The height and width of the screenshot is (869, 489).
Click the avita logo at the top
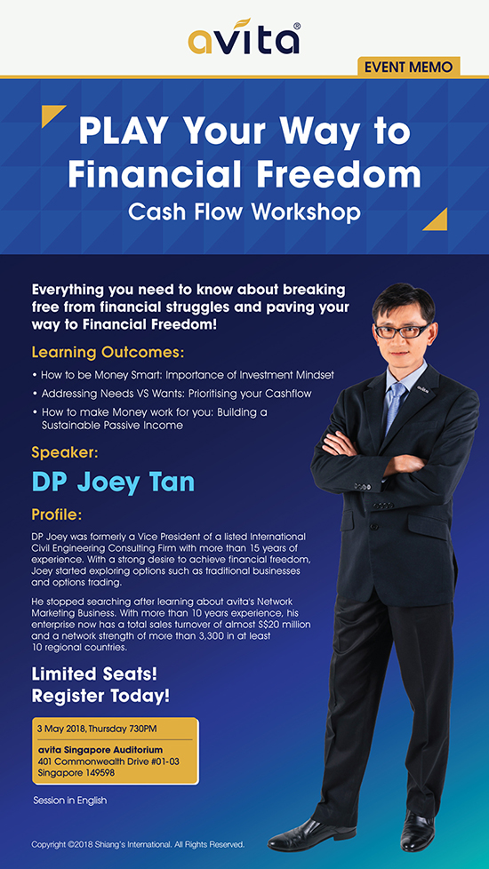[x=244, y=37]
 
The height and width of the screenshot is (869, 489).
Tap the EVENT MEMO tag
[x=409, y=67]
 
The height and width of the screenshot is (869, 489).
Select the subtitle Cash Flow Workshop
[x=244, y=212]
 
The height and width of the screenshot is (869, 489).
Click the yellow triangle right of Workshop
[x=437, y=220]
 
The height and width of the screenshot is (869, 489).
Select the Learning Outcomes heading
[x=108, y=353]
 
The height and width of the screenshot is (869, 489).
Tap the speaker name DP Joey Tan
[x=113, y=482]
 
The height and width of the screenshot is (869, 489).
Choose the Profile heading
[x=57, y=515]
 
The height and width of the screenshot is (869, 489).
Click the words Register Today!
[x=100, y=696]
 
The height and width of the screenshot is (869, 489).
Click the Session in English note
[x=70, y=801]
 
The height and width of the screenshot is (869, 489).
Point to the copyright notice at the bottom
[x=138, y=845]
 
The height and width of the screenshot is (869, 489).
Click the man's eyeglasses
[x=403, y=331]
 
